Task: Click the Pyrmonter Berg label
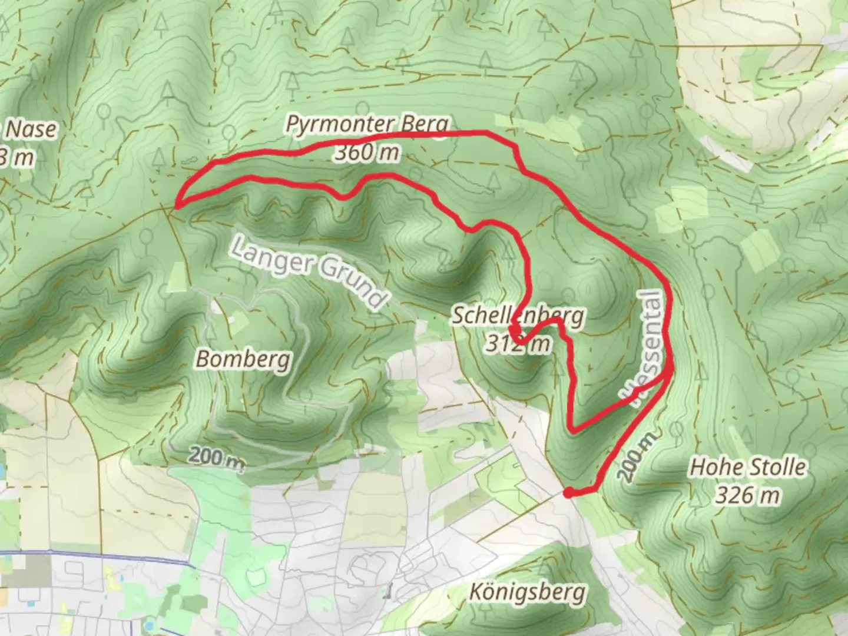click(x=367, y=125)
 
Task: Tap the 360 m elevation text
click(x=367, y=153)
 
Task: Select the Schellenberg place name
click(x=518, y=316)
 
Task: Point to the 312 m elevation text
click(x=518, y=343)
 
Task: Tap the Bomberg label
click(x=243, y=358)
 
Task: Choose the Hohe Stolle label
click(x=747, y=468)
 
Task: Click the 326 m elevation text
click(x=747, y=495)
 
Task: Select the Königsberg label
click(x=528, y=592)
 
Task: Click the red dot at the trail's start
click(x=568, y=493)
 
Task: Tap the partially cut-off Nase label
click(x=31, y=130)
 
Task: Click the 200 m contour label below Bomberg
click(x=217, y=457)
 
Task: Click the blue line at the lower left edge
click(x=94, y=555)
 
